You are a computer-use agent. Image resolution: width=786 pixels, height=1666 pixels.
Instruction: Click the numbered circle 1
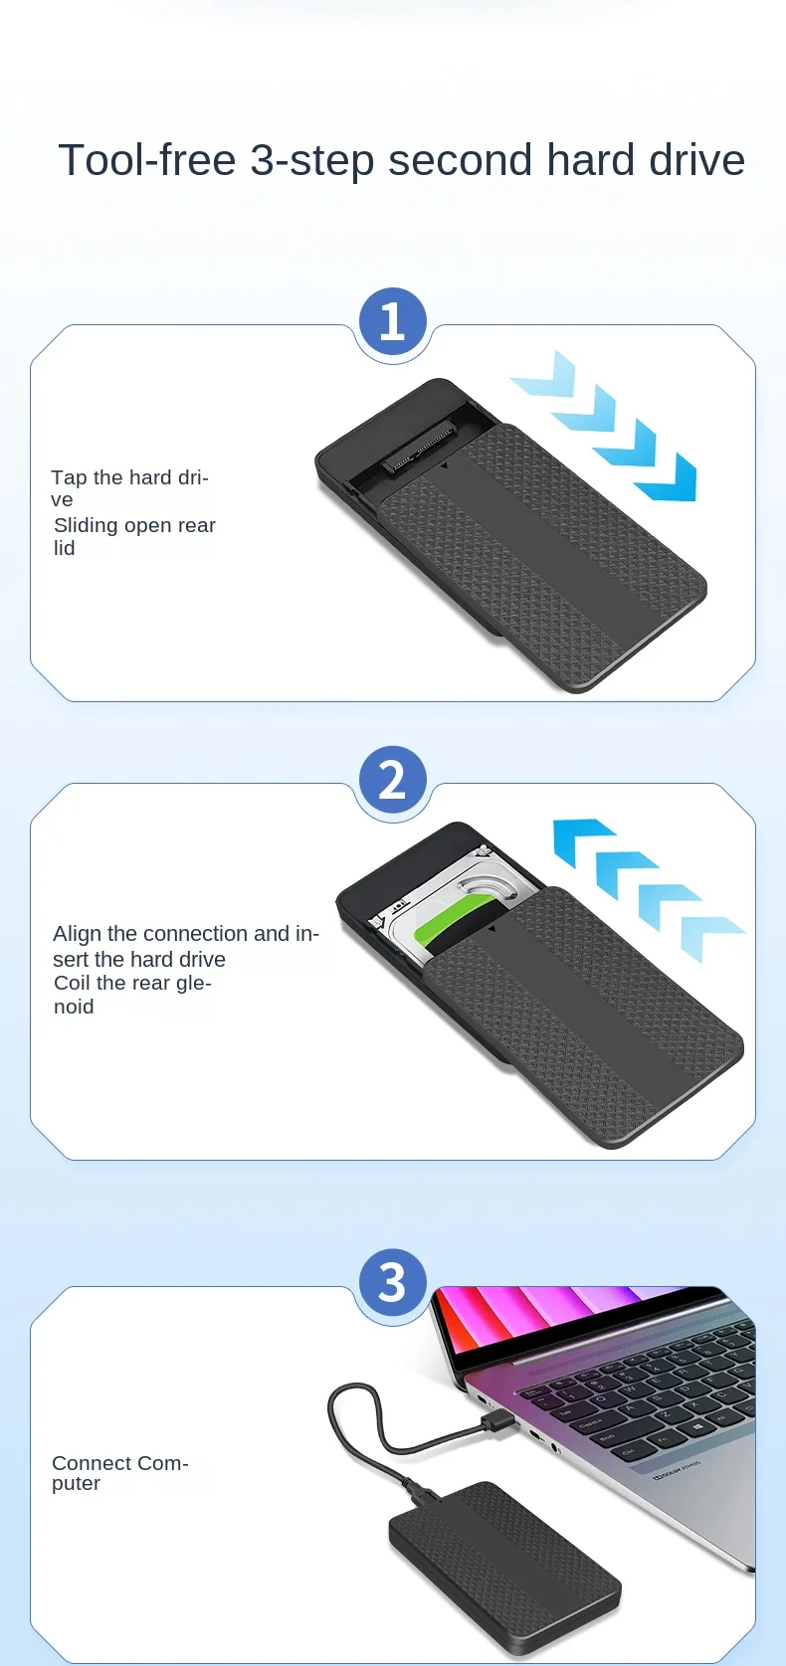392,321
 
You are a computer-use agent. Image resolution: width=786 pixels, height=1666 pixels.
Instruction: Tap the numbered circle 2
392,780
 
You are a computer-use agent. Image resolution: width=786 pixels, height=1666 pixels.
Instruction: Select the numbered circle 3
392,1282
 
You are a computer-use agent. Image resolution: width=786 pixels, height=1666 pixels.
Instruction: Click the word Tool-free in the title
147,160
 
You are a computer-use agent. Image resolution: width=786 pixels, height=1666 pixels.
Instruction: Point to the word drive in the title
696,160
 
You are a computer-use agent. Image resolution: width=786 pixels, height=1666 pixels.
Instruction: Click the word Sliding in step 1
86,526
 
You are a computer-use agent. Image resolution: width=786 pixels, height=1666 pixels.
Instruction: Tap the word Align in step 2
78,934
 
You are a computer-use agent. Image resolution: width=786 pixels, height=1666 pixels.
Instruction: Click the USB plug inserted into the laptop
497,1421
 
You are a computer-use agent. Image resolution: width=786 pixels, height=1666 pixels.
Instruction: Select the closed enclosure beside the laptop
505,1568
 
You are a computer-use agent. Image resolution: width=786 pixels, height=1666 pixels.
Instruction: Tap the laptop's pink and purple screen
566,1320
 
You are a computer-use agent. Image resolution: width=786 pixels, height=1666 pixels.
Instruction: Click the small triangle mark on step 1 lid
445,465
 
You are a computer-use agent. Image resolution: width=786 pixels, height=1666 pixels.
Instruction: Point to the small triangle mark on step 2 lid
491,928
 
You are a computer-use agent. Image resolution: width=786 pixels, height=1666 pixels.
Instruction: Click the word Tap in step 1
67,477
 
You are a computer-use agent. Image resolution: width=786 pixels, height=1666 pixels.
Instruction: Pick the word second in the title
460,160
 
